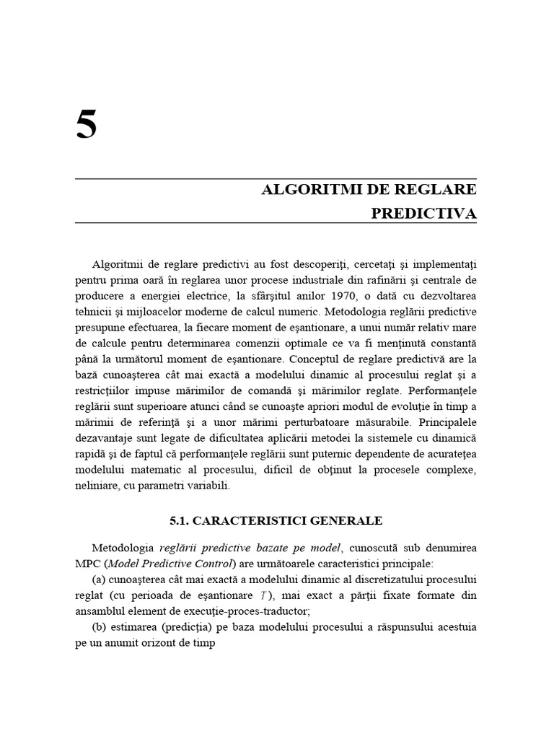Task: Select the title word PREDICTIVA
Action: [423, 214]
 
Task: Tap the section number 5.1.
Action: [180, 520]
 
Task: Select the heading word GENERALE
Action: [346, 520]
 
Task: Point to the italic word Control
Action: [211, 564]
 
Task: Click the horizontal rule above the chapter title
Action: [275, 178]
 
